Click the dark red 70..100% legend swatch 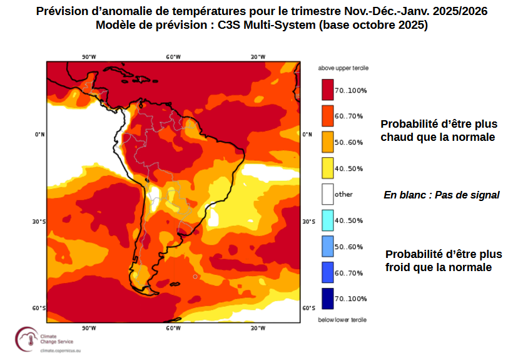point(327,90)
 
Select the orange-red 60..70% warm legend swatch point(327,116)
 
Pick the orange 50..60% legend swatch point(327,142)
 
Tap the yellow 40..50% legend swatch point(327,168)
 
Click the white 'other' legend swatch point(327,194)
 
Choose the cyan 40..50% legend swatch point(327,220)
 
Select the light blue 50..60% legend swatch point(327,246)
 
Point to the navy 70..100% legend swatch point(327,298)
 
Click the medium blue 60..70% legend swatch point(327,272)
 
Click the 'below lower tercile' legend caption point(342,320)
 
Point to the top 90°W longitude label point(89,57)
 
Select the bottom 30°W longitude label point(258,328)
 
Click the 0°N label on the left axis point(39,135)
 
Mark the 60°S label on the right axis point(308,308)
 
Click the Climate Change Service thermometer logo point(26,339)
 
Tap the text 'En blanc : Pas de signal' point(441,195)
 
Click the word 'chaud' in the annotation point(397,137)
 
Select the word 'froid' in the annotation point(400,267)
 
